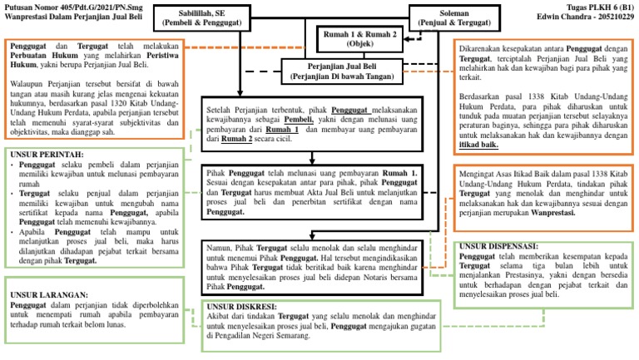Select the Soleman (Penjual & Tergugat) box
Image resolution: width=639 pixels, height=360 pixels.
[452, 18]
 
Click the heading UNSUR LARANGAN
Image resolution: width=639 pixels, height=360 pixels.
[48, 294]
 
